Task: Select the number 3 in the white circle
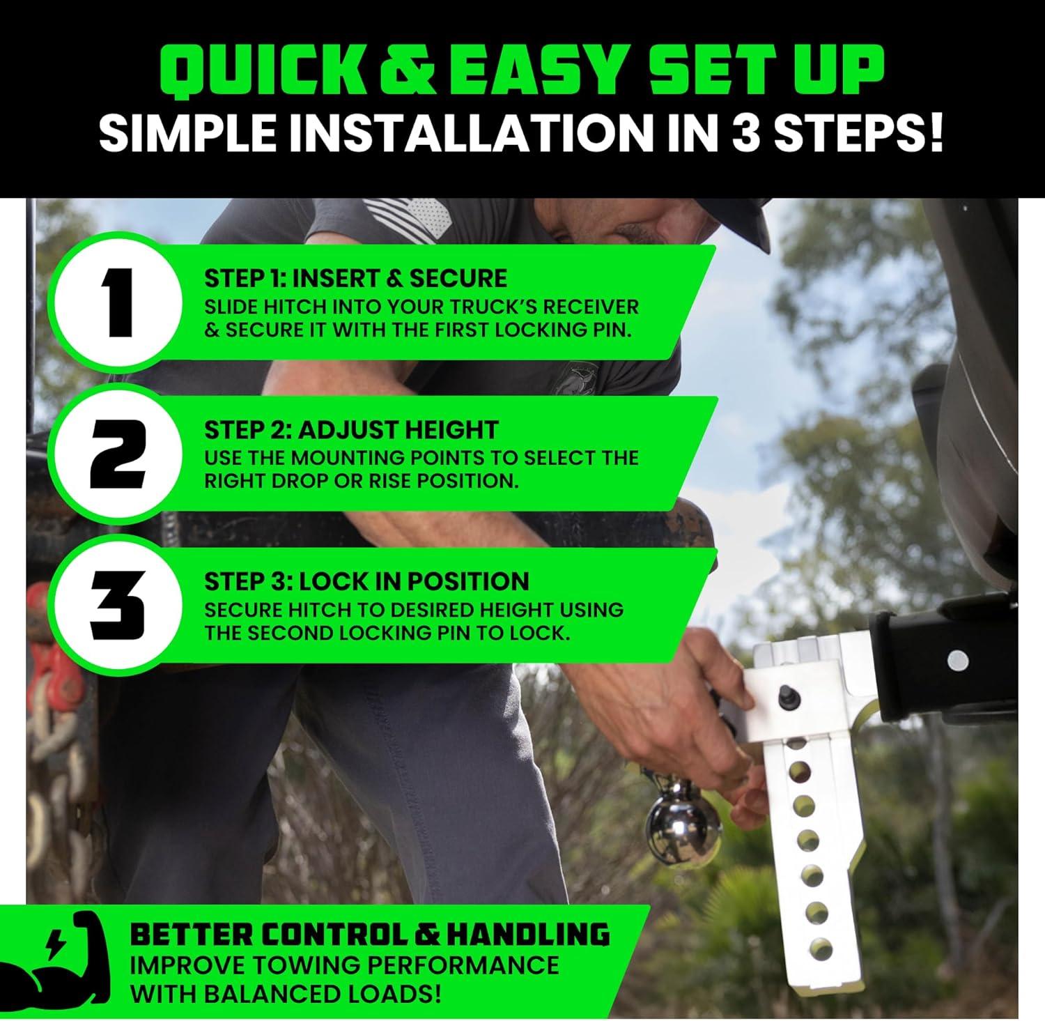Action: coord(119,606)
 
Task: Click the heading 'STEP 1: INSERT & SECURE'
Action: coord(355,278)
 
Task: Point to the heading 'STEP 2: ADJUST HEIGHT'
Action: coord(351,430)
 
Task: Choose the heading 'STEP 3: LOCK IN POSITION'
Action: coord(366,581)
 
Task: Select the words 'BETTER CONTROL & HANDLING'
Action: coord(370,935)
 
